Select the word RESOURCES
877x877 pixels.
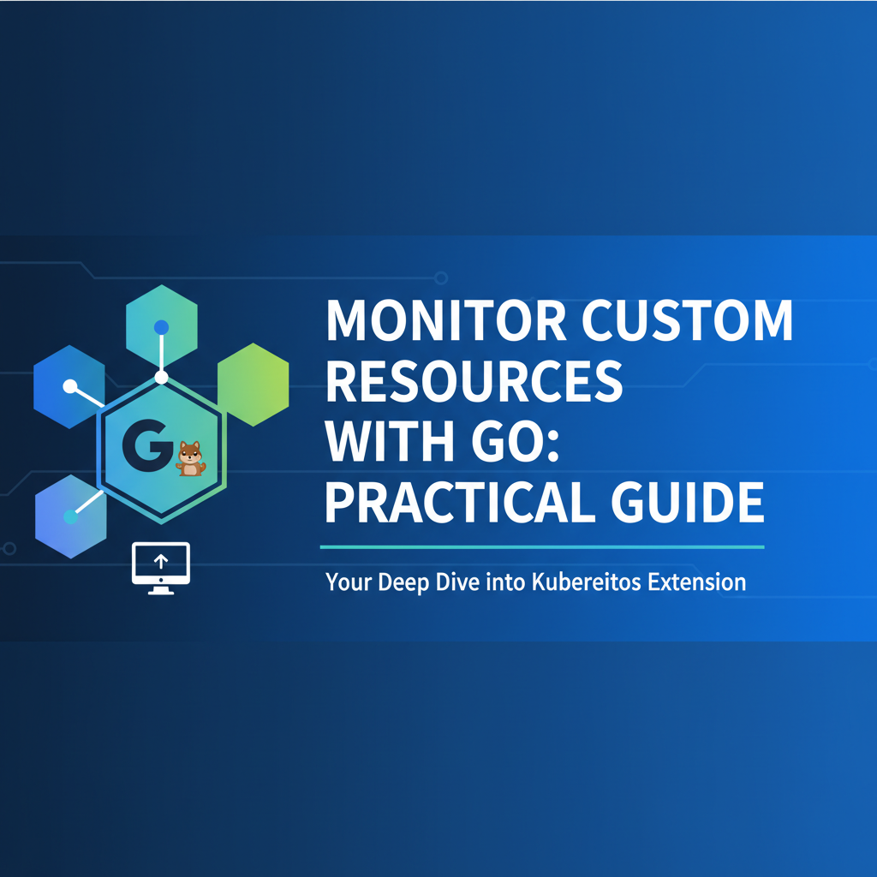coord(474,383)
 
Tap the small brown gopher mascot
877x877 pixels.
coord(190,458)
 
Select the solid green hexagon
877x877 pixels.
coord(253,384)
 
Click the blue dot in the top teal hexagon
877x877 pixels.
coord(161,327)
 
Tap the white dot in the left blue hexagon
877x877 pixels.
coord(69,386)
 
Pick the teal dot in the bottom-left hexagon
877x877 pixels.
coord(70,517)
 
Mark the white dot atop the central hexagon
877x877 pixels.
coord(161,378)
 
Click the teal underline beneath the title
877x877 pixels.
coord(541,546)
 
